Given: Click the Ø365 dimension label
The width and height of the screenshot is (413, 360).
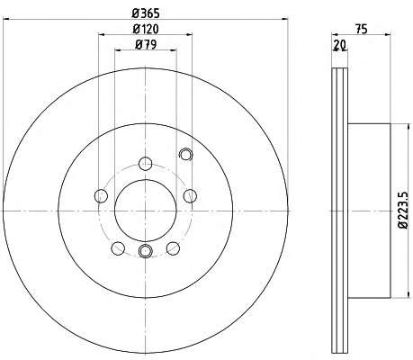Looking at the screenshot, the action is (146, 13).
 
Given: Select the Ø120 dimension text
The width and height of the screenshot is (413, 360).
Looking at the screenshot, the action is (146, 29).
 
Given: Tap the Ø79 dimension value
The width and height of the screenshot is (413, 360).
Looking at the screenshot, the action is (146, 45).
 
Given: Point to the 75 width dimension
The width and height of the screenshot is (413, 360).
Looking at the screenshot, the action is (362, 29).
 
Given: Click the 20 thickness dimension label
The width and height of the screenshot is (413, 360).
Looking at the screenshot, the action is (340, 45).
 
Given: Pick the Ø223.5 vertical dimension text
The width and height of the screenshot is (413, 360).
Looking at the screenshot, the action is (404, 211).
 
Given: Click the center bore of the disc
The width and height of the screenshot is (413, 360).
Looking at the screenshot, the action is (146, 211).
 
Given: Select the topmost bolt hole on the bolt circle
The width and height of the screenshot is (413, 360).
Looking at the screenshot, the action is (146, 164).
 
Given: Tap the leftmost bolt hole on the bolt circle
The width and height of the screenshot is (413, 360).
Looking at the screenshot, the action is (101, 196).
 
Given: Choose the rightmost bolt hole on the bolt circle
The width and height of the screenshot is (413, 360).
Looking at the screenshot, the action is (190, 196).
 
